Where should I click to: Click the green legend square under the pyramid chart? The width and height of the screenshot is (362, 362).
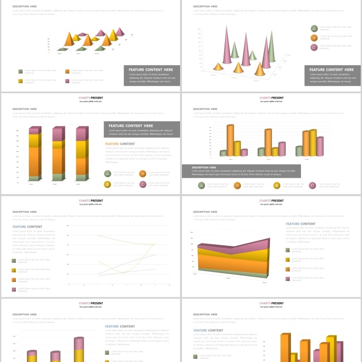pyautogui.click(x=20, y=71)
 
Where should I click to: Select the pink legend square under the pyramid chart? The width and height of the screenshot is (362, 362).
pyautogui.click(x=67, y=81)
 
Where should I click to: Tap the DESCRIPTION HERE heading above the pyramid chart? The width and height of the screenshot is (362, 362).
pyautogui.click(x=25, y=6)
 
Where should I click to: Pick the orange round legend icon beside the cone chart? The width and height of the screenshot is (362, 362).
pyautogui.click(x=314, y=38)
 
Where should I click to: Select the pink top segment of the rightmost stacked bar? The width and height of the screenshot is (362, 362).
pyautogui.click(x=82, y=134)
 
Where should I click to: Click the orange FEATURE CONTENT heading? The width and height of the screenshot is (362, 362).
pyautogui.click(x=120, y=144)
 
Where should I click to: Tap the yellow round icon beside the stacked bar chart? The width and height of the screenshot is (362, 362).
pyautogui.click(x=107, y=184)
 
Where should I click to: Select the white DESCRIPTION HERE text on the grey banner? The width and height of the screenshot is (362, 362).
pyautogui.click(x=203, y=167)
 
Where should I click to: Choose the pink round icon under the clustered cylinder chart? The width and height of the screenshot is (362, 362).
pyautogui.click(x=312, y=185)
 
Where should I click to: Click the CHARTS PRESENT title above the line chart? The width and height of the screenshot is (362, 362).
pyautogui.click(x=90, y=200)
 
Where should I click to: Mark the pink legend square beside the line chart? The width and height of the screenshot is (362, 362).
pyautogui.click(x=14, y=289)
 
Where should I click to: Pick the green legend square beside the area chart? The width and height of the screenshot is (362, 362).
pyautogui.click(x=288, y=250)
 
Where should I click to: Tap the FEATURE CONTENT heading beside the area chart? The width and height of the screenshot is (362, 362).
pyautogui.click(x=300, y=224)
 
